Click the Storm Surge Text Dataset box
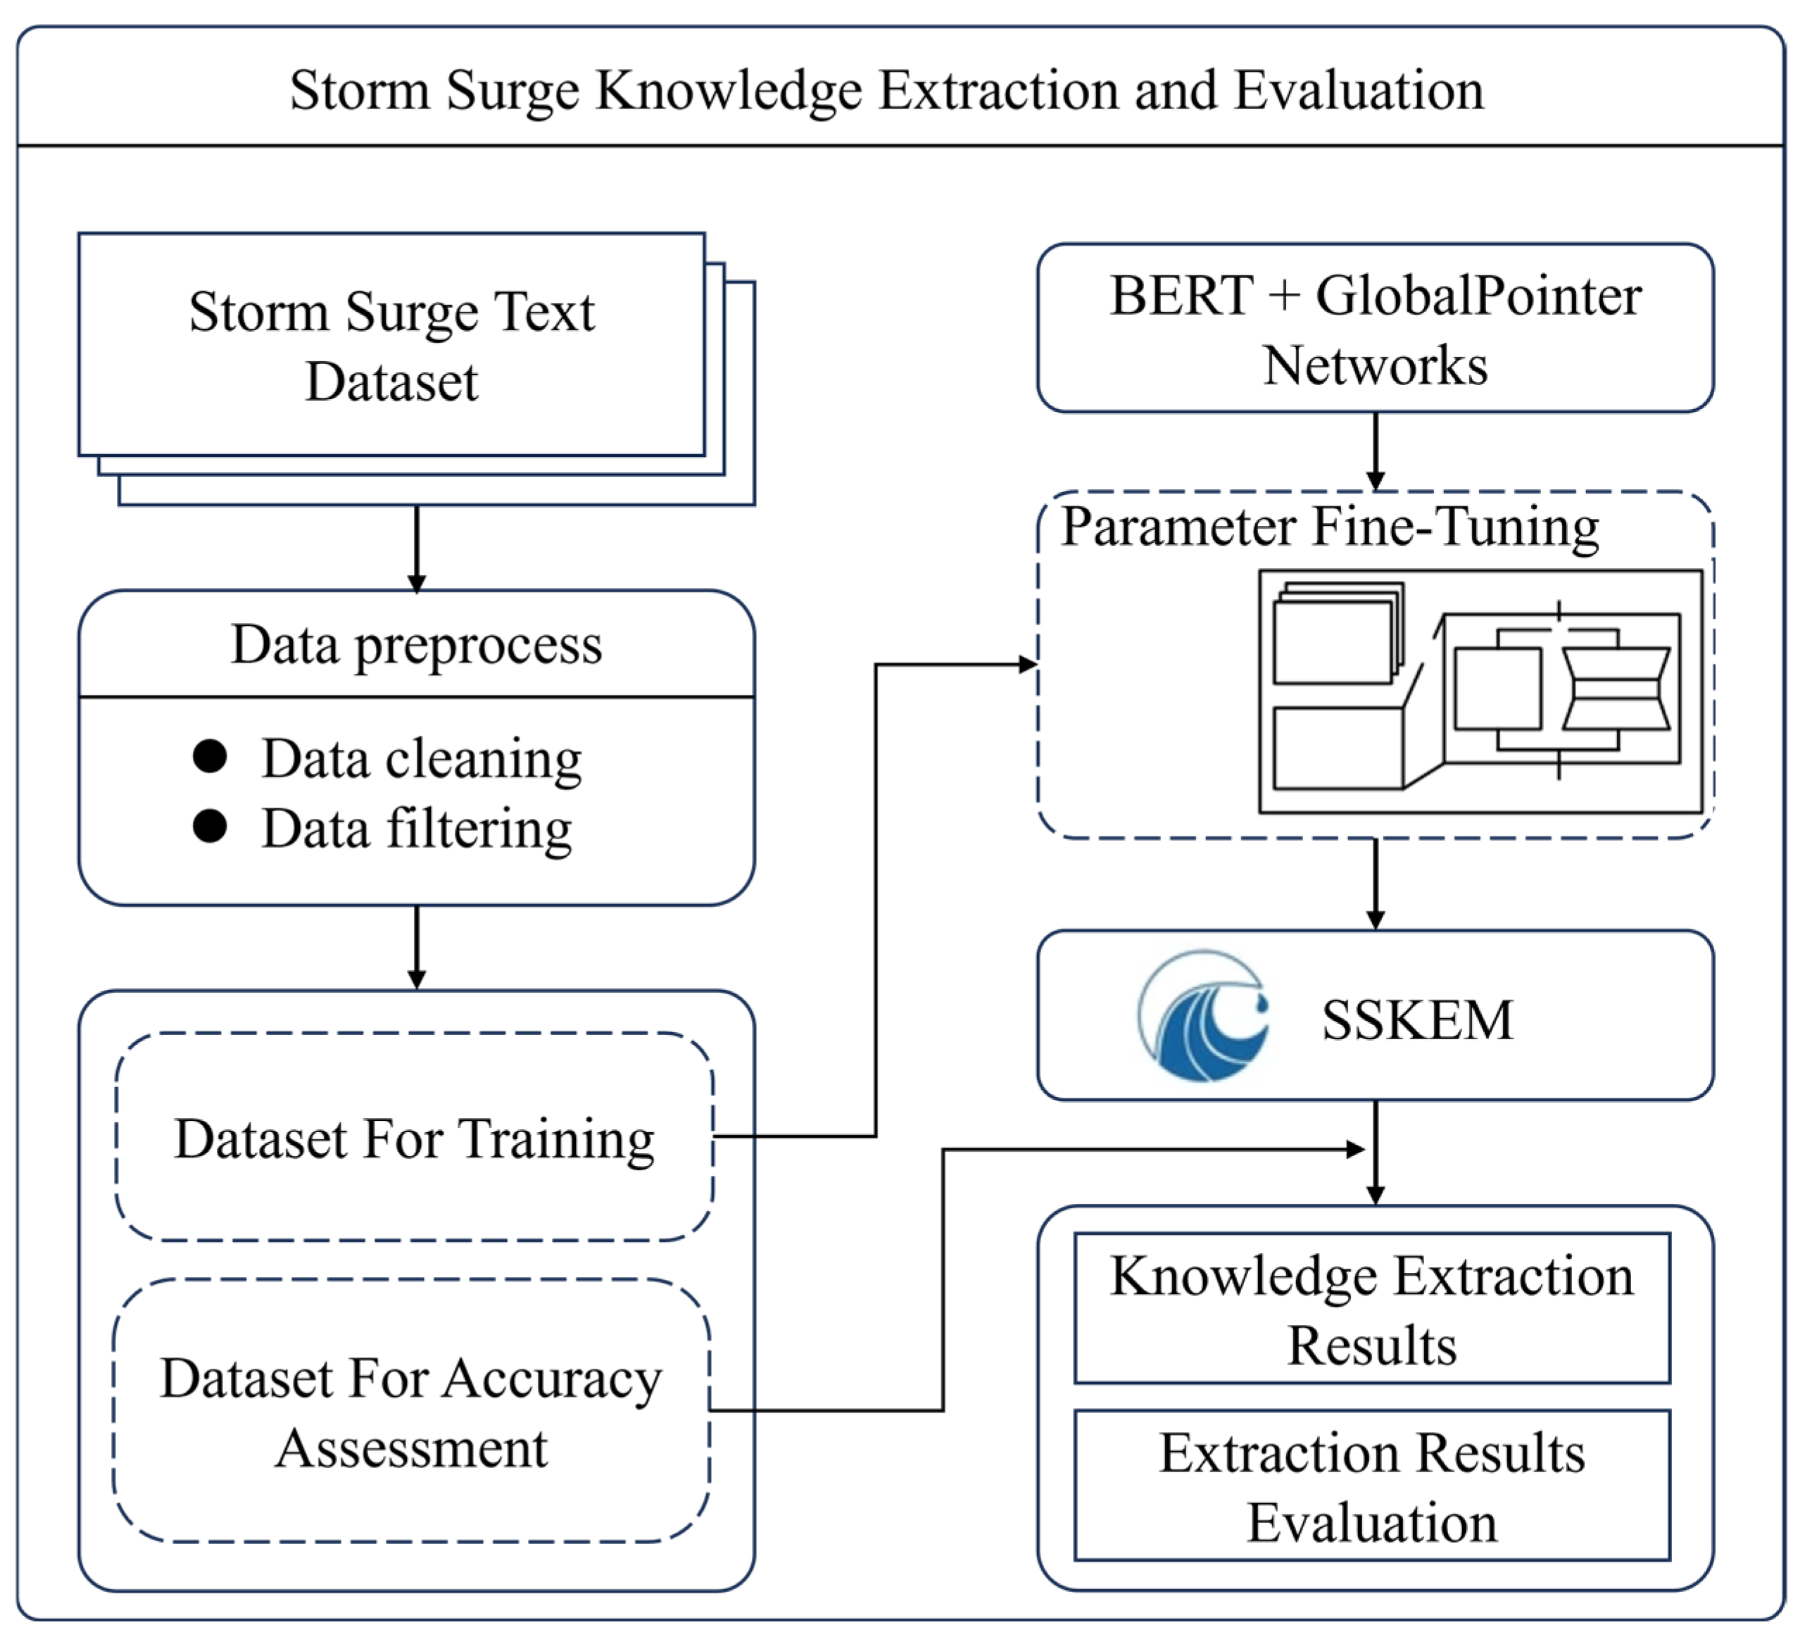pyautogui.click(x=392, y=346)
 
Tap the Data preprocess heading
pyautogui.click(x=416, y=645)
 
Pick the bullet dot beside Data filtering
pyautogui.click(x=210, y=826)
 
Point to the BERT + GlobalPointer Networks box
pyautogui.click(x=1376, y=327)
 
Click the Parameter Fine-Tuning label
pyautogui.click(x=1330, y=527)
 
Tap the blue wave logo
pyautogui.click(x=1203, y=1015)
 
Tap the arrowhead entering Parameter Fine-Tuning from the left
pyautogui.click(x=1028, y=665)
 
